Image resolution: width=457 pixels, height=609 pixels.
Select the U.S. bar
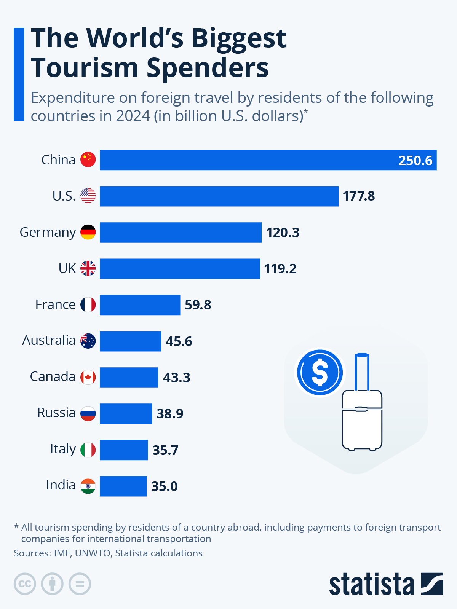[x=219, y=196]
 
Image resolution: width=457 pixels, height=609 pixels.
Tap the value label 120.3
[x=283, y=233]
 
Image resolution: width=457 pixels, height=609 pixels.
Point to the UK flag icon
[x=88, y=268]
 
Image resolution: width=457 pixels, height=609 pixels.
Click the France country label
[x=56, y=304]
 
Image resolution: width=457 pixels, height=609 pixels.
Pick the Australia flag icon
[x=88, y=341]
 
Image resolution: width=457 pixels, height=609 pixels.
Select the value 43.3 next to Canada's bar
[x=176, y=377]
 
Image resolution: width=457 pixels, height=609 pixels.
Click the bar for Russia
[x=126, y=414]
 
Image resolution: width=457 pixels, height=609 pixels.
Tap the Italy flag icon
[x=88, y=450]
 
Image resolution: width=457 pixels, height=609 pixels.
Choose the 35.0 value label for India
[x=164, y=486]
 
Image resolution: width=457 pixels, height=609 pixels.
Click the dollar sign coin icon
[x=320, y=372]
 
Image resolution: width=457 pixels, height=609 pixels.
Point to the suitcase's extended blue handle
[x=362, y=371]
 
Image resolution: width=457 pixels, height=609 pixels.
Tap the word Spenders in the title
[x=208, y=68]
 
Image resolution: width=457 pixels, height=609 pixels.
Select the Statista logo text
[x=371, y=584]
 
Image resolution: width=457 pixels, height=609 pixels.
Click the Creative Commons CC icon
[x=25, y=584]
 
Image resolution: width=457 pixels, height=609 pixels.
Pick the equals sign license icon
[x=80, y=584]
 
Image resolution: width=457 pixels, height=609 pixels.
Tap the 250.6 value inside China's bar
[x=415, y=160]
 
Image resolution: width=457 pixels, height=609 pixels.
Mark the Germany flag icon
[x=88, y=232]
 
